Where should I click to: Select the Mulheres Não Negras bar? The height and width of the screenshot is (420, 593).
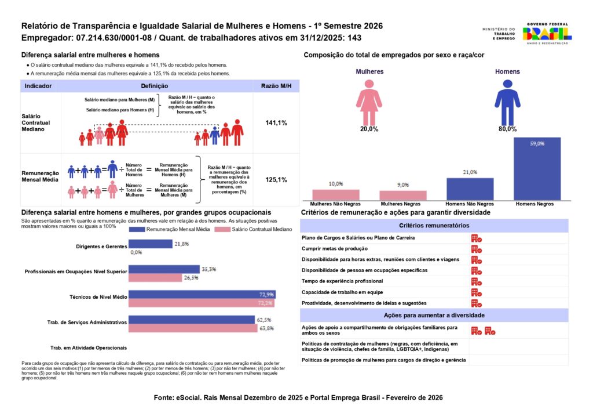[336, 194]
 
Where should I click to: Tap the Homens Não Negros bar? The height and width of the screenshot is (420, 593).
[470, 189]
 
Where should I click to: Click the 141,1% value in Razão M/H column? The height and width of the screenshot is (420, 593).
[276, 123]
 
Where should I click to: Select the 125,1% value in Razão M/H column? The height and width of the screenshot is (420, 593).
[276, 180]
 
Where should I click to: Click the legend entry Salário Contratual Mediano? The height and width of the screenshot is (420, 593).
[246, 230]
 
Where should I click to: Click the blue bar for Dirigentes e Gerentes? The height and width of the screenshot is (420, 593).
[151, 244]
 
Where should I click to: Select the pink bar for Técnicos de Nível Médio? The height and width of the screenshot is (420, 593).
[201, 303]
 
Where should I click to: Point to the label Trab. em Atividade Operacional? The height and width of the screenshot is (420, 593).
[89, 347]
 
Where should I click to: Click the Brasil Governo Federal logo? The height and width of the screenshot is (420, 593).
[547, 32]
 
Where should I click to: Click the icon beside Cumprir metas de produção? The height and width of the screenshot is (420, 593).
[476, 249]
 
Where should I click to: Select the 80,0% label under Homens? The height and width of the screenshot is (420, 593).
[507, 129]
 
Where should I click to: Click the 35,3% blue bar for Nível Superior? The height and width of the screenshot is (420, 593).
[163, 269]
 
